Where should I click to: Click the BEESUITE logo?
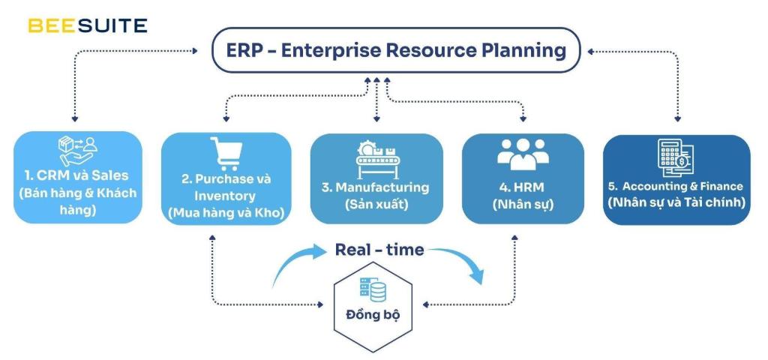[87, 25]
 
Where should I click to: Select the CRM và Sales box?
[78, 178]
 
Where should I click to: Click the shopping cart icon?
[226, 153]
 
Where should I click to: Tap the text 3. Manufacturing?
[376, 187]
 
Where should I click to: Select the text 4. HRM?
[523, 187]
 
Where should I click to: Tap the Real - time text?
[379, 250]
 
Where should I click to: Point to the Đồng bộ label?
[372, 313]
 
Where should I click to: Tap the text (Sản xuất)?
[376, 203]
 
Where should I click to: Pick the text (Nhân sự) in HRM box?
[523, 203]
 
